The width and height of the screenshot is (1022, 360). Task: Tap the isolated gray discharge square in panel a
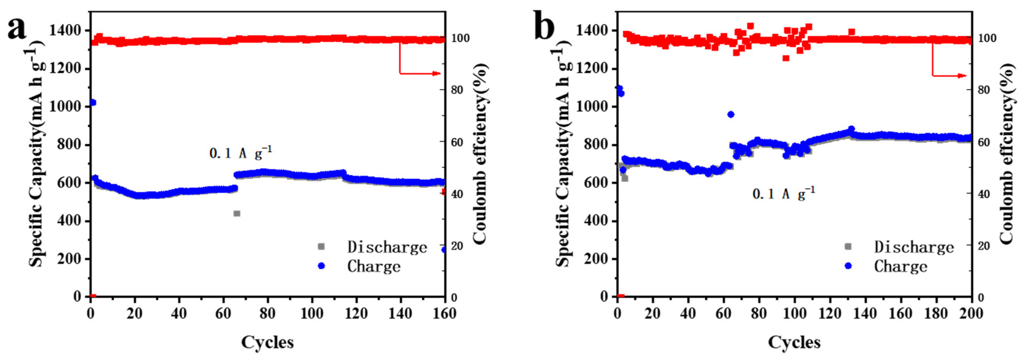click(237, 214)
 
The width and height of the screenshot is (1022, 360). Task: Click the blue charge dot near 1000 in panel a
click(93, 102)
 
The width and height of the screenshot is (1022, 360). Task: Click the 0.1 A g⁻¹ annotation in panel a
click(240, 153)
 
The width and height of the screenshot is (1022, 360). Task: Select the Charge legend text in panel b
click(901, 266)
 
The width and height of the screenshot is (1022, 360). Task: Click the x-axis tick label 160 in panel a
click(444, 314)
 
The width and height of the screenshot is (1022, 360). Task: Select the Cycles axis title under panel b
click(794, 342)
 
